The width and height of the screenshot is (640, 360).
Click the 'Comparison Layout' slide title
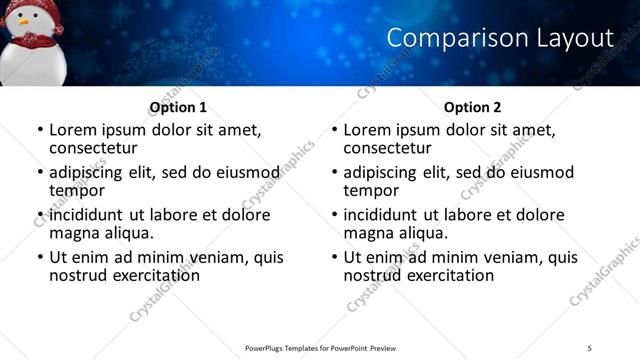coord(499,38)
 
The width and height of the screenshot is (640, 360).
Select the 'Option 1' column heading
coord(178,107)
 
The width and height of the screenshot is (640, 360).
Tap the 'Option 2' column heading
coord(473,107)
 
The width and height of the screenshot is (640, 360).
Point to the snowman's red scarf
coord(37,41)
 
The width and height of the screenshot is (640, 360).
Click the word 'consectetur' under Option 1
coord(98,148)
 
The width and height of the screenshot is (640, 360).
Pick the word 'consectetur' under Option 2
coord(393,148)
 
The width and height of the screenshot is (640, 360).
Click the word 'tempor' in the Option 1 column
coord(77,190)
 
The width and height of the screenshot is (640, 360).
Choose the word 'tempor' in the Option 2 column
coord(372,190)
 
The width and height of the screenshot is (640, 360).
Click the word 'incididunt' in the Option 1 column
coord(87,215)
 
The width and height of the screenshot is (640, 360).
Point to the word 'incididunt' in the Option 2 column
coord(382,215)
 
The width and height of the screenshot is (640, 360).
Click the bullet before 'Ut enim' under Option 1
coord(39,258)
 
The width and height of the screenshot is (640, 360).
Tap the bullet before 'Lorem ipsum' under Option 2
coord(334,131)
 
